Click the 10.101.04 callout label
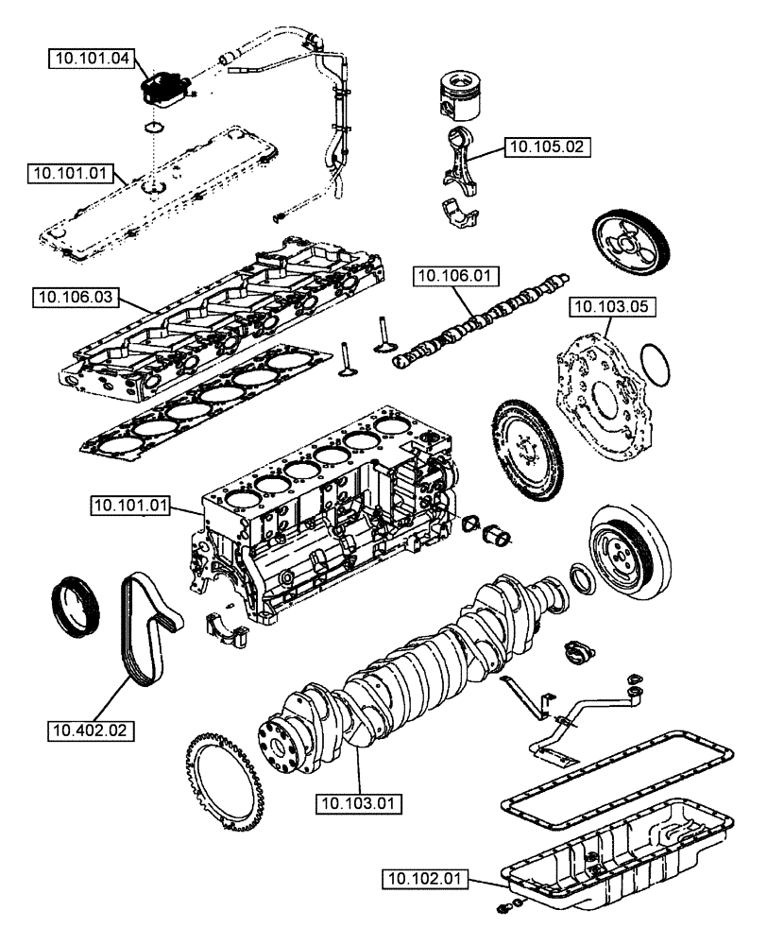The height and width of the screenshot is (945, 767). pyautogui.click(x=89, y=58)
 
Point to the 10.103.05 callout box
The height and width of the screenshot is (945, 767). pyautogui.click(x=611, y=306)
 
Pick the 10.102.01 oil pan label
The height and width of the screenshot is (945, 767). pyautogui.click(x=425, y=879)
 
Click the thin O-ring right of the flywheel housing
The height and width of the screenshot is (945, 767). pyautogui.click(x=657, y=365)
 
